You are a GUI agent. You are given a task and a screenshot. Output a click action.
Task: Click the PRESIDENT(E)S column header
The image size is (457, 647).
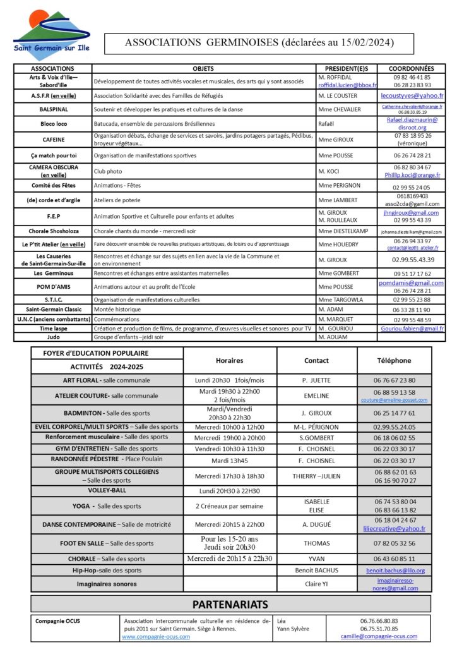pos(347,68)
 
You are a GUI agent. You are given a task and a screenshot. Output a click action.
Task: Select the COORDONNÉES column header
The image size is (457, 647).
pos(412,68)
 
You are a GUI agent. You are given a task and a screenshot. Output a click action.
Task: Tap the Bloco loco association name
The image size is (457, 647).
pos(53,124)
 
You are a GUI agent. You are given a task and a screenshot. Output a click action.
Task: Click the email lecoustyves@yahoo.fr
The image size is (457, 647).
pos(412,95)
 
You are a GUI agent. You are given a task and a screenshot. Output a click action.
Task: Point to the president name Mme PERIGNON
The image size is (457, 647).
pos(343,186)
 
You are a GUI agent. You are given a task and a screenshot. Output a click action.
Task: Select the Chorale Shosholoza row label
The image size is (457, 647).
pos(53,231)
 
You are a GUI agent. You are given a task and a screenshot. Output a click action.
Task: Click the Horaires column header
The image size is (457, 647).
pos(229,360)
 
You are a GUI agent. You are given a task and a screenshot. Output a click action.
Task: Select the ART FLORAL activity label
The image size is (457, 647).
pos(80,380)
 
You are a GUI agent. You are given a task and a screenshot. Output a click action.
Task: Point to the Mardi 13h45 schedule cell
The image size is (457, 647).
pos(229,460)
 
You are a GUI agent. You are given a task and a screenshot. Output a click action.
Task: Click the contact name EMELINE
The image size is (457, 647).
pos(316,396)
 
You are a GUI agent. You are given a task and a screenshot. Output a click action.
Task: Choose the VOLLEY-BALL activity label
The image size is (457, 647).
pos(107,490)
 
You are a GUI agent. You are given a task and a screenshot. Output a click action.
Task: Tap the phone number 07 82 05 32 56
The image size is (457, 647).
pos(395,543)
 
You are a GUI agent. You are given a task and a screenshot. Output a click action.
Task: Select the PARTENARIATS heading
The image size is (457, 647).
pos(230,604)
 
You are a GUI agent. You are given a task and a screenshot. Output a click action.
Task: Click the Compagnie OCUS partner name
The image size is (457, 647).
pos(57,620)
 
